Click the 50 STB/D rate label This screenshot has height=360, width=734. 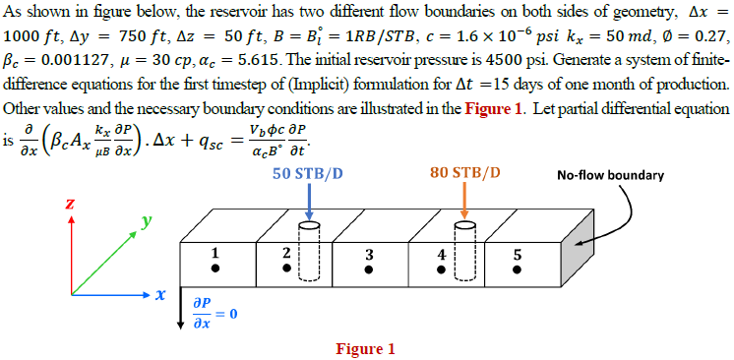(x=309, y=173)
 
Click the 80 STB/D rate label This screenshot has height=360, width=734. (x=464, y=173)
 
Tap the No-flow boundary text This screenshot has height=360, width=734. (x=610, y=176)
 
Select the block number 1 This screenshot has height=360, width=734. (x=214, y=253)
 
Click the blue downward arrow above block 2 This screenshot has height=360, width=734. (x=309, y=202)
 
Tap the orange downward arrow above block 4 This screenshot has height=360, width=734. (x=464, y=202)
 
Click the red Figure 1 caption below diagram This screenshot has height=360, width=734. (x=365, y=348)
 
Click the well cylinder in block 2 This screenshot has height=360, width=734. (x=309, y=253)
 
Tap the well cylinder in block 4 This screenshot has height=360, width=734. (x=463, y=253)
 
